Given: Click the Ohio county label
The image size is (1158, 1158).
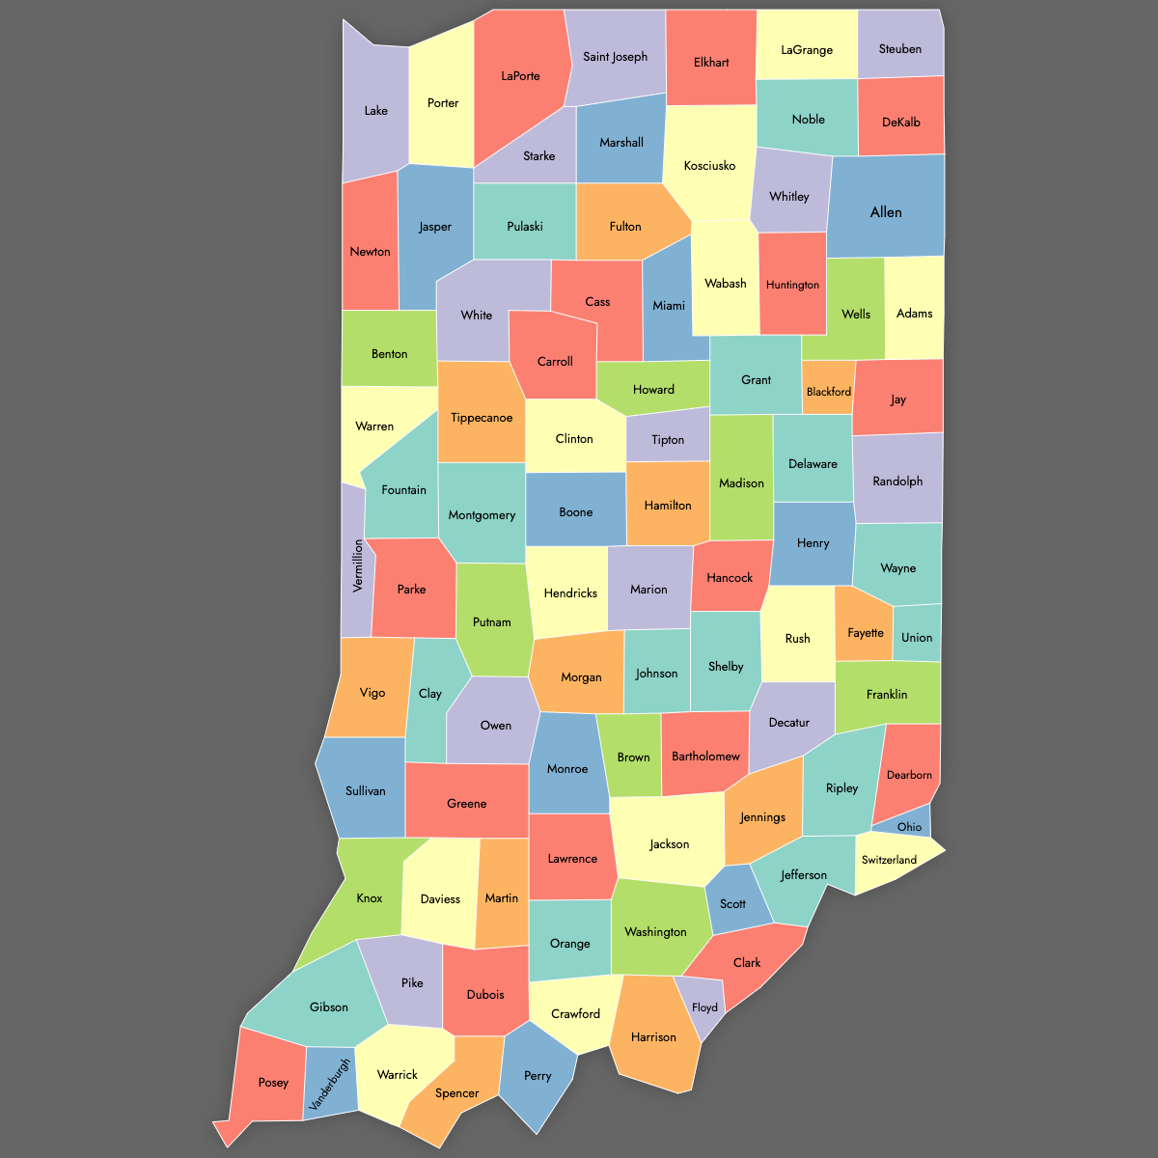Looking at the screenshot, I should pyautogui.click(x=909, y=827).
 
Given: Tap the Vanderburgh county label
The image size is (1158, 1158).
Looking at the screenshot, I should pyautogui.click(x=329, y=1084).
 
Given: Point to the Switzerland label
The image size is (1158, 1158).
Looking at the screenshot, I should pyautogui.click(x=889, y=860).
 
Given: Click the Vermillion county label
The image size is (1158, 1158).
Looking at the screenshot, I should pyautogui.click(x=358, y=565).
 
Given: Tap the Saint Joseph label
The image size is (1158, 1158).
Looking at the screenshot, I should pyautogui.click(x=615, y=57).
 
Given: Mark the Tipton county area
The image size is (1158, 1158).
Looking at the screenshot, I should pyautogui.click(x=668, y=439).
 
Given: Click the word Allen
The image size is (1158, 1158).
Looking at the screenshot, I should pyautogui.click(x=886, y=212).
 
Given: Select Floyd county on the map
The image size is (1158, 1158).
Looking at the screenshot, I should pyautogui.click(x=704, y=1007).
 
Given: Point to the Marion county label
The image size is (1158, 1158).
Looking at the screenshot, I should pyautogui.click(x=648, y=590).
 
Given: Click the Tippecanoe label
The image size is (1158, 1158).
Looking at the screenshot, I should pyautogui.click(x=482, y=418).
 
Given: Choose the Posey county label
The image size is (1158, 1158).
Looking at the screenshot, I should pyautogui.click(x=273, y=1083).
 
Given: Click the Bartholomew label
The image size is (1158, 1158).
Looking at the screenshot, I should pyautogui.click(x=705, y=757).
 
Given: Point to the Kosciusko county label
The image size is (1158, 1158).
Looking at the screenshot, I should pyautogui.click(x=709, y=166).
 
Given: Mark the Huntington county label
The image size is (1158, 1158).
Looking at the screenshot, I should pyautogui.click(x=792, y=285).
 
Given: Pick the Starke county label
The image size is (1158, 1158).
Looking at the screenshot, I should pyautogui.click(x=538, y=156).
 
